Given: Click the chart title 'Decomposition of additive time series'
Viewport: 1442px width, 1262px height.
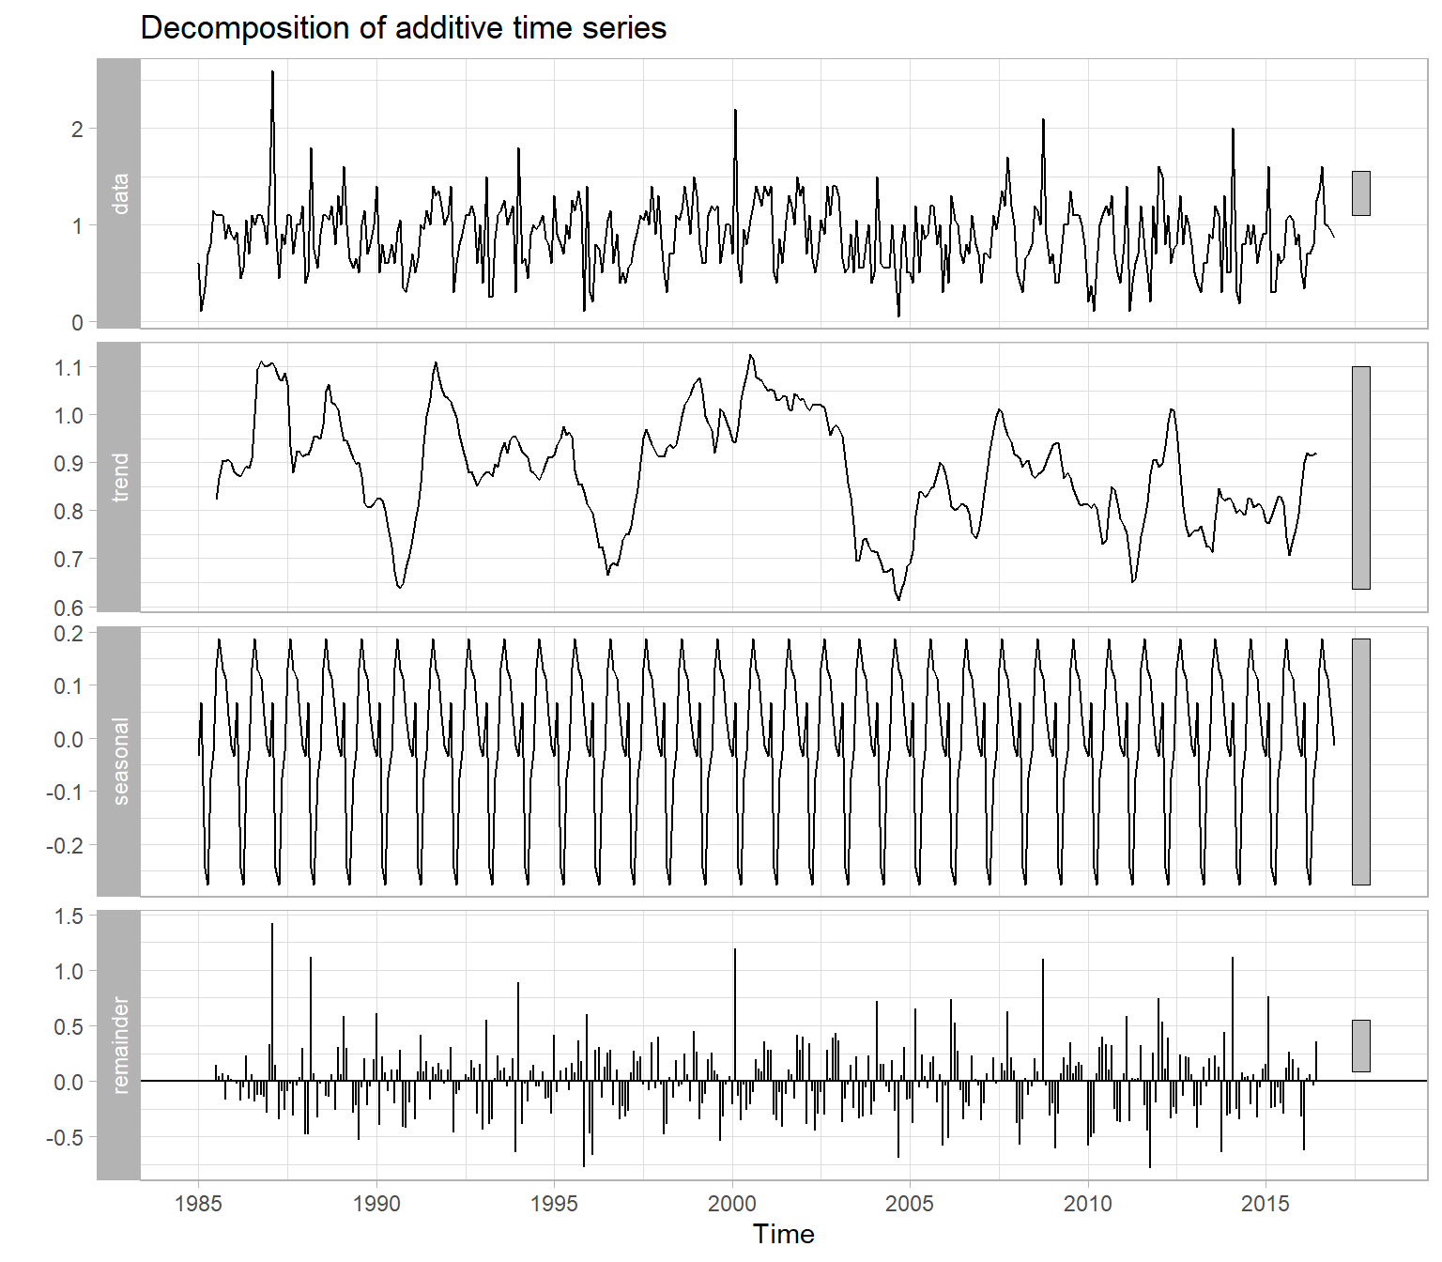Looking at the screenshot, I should (403, 28).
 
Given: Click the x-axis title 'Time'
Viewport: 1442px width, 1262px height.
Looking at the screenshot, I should (783, 1234).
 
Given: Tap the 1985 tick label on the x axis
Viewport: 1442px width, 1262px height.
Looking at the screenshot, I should (199, 1203).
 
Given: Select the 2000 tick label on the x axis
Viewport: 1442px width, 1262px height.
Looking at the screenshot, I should (732, 1203).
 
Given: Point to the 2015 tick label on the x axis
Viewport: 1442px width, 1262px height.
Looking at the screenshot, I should (1266, 1203).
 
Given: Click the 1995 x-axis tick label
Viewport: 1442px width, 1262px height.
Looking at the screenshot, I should (554, 1203).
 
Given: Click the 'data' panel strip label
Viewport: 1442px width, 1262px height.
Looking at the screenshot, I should (119, 193).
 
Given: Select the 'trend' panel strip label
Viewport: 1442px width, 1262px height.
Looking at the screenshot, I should (119, 477).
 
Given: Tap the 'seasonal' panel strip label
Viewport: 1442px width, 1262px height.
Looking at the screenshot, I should (119, 761).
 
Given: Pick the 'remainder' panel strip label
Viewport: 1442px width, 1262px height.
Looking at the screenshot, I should (119, 1044).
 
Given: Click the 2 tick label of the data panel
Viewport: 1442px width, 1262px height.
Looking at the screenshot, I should (77, 130).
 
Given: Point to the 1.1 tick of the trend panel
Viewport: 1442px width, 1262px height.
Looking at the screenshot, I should (69, 367).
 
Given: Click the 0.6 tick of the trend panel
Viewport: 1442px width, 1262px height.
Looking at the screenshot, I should (69, 608).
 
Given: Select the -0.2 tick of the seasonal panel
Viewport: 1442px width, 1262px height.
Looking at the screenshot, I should (65, 845).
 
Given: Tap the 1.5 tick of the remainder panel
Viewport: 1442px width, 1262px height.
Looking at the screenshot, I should (69, 916).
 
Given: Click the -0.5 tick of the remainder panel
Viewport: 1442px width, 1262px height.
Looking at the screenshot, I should (65, 1137).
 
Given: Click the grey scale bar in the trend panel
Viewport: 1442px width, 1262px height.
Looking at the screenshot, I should (1360, 477).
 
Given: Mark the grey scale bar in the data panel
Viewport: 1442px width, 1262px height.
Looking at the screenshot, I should (1360, 192).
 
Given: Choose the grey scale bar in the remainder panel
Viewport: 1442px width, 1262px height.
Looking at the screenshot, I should (1360, 1045).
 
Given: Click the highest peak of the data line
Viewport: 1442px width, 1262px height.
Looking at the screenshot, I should (272, 71).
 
